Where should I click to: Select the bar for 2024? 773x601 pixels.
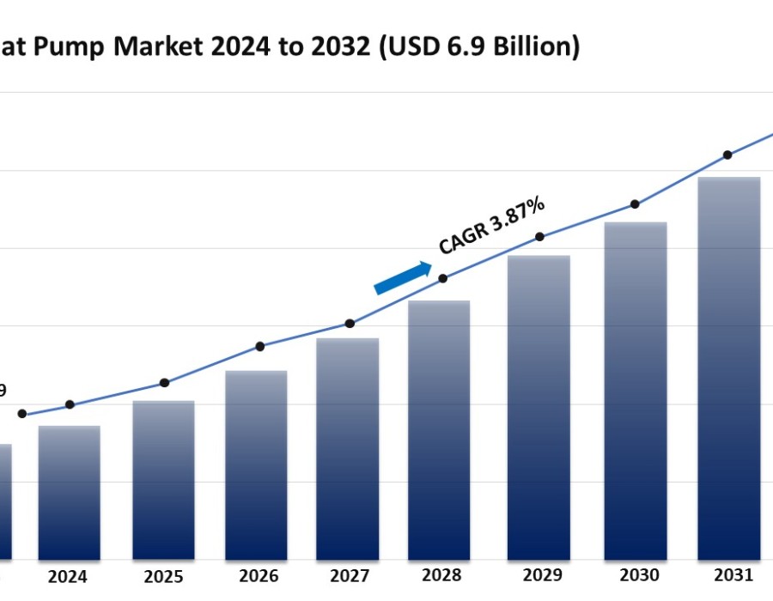point(69,494)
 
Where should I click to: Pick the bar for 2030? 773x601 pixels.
point(636,392)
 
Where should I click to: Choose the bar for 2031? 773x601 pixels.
point(728,369)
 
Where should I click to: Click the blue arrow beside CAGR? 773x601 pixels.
point(403,277)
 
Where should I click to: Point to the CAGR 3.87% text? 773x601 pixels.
point(492,226)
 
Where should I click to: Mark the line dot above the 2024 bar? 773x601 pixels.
point(70,404)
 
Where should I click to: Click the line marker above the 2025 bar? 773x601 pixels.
point(164,383)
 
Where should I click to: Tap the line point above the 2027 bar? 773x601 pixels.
point(350,324)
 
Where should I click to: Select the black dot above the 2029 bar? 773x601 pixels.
point(539,236)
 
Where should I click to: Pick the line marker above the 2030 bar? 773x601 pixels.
point(635,204)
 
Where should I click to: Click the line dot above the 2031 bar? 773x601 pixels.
point(727,155)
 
